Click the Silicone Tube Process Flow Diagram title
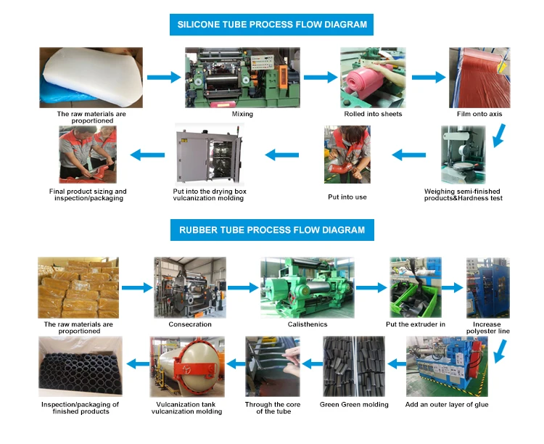tap(272, 24)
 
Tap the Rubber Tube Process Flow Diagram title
tap(272, 231)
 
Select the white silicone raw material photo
tap(90, 78)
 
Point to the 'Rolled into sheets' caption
tap(373, 114)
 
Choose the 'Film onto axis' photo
tap(479, 78)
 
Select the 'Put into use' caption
tap(347, 196)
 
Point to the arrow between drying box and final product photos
tap(145, 154)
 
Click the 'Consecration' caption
tap(189, 324)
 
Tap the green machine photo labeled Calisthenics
tap(307, 287)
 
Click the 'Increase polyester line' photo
tap(487, 287)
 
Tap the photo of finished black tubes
tap(80, 366)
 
